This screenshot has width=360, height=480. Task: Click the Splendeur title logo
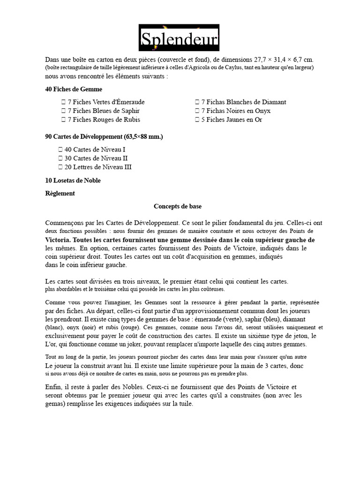tap(179, 37)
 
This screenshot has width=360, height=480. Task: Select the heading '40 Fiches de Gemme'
tap(74, 89)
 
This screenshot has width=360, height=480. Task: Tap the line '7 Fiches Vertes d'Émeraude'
tap(106, 102)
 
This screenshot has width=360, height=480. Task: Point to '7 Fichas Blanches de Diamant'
tap(243, 102)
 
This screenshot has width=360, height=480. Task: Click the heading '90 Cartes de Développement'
tap(104, 136)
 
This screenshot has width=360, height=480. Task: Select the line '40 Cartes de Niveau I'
tap(95, 150)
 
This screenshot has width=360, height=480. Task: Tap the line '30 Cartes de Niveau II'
tap(96, 158)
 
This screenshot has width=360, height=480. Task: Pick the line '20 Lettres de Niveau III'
tap(98, 167)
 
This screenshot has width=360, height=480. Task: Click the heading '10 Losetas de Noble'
tap(73, 180)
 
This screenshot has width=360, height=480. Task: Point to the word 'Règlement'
tap(60, 193)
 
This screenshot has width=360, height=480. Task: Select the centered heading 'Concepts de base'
tap(178, 206)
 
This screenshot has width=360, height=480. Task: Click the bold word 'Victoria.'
tap(58, 239)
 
